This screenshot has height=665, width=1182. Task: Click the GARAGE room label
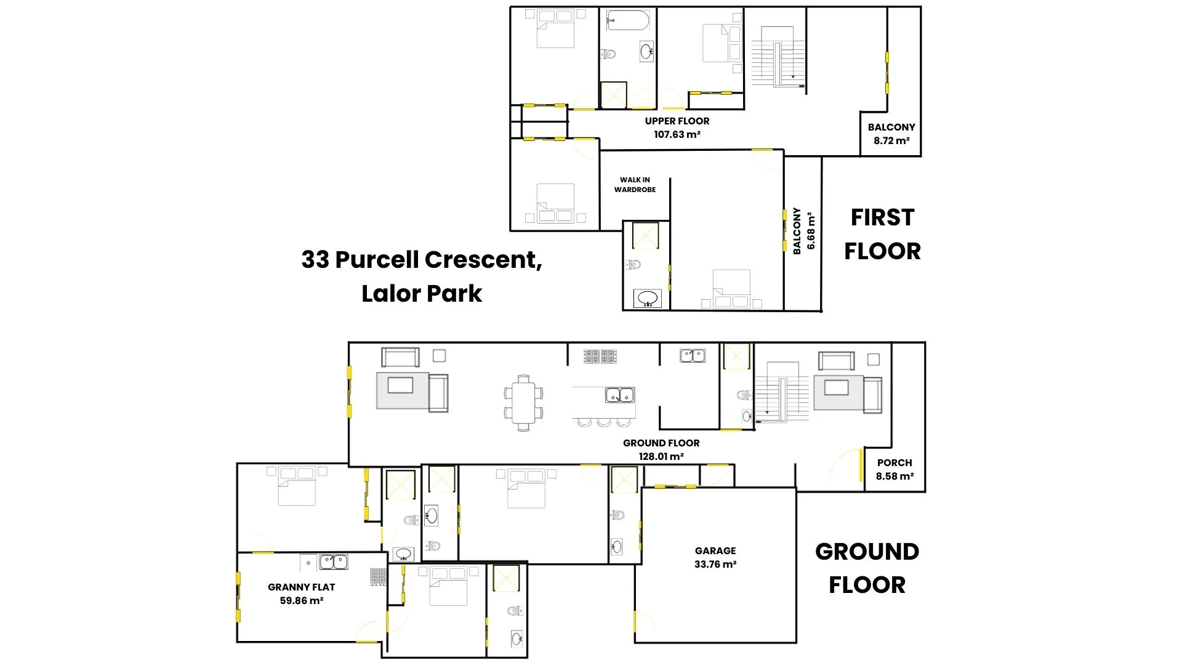tap(715, 550)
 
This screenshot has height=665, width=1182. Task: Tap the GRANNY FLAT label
tap(302, 587)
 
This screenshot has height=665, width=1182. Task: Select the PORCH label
tap(895, 462)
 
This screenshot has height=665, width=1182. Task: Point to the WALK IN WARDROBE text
tap(635, 185)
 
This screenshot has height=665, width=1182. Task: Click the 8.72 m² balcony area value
tap(891, 140)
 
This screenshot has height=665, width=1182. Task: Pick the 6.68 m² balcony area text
tap(811, 231)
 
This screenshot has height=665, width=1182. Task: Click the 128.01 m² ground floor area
tap(661, 456)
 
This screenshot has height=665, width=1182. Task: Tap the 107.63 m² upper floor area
tap(677, 134)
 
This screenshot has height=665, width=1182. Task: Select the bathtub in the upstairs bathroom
tap(627, 20)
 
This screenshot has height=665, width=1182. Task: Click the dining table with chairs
tap(524, 402)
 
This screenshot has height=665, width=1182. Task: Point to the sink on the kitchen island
tap(620, 395)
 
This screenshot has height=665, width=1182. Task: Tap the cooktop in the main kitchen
tap(600, 356)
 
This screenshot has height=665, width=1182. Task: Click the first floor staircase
tap(778, 57)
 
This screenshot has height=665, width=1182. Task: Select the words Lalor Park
tap(422, 294)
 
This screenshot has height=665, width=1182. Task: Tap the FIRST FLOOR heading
tap(882, 234)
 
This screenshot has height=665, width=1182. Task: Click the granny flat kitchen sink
tap(333, 562)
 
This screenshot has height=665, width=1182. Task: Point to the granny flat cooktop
tap(378, 577)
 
